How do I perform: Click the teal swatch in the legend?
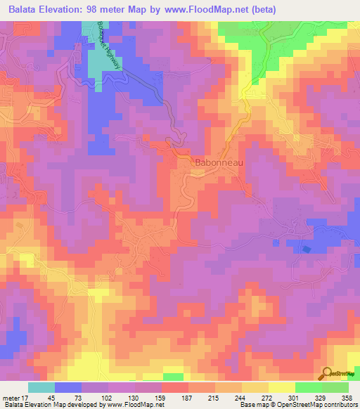pos(41,387)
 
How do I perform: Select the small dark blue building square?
pos(305,249)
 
